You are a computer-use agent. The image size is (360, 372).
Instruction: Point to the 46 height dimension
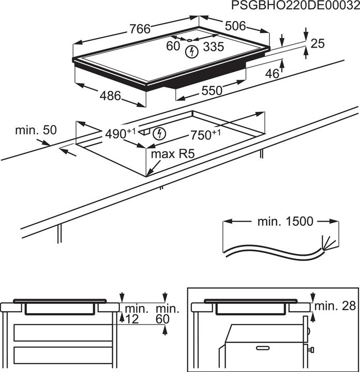click(272, 74)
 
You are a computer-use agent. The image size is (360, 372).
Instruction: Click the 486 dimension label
click(110, 96)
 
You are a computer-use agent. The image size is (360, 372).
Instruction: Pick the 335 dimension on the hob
click(213, 47)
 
